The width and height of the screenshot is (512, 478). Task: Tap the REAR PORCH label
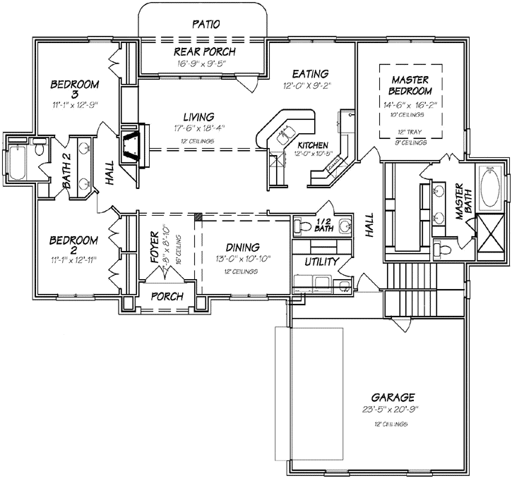(x=205, y=51)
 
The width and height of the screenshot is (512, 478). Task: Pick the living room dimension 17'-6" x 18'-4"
(x=198, y=129)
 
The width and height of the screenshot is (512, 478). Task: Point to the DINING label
(x=243, y=247)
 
